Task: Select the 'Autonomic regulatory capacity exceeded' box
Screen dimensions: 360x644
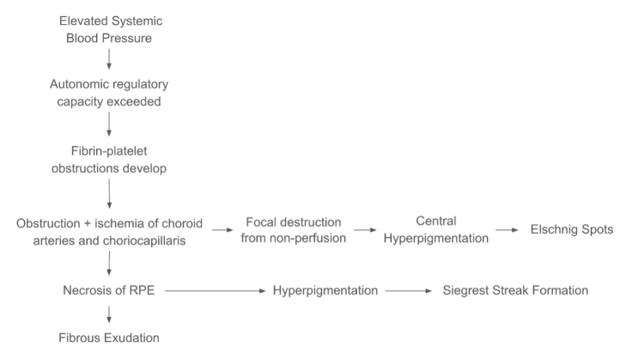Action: pos(109,93)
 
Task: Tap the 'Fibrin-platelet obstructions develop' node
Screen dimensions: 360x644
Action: pos(109,159)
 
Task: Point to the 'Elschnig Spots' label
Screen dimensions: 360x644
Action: pos(571,230)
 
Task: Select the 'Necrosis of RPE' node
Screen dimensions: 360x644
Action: pos(109,290)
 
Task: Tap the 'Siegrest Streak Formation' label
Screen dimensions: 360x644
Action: pos(515,290)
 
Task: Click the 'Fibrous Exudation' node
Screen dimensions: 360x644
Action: pos(109,338)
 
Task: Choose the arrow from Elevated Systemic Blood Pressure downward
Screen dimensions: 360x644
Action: pos(109,59)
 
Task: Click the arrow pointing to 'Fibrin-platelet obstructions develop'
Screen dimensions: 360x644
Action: pos(109,126)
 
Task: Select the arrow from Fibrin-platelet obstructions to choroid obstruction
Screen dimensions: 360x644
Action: pos(109,193)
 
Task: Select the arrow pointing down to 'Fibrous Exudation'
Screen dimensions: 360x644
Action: pos(109,314)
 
